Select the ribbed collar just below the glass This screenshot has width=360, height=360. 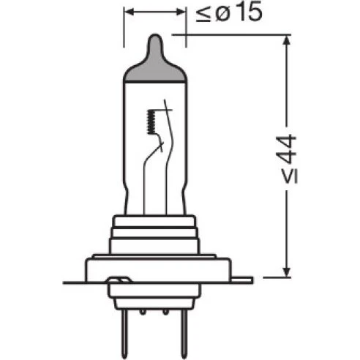pyautogui.click(x=155, y=233)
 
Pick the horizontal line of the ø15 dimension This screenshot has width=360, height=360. pyautogui.click(x=154, y=12)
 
